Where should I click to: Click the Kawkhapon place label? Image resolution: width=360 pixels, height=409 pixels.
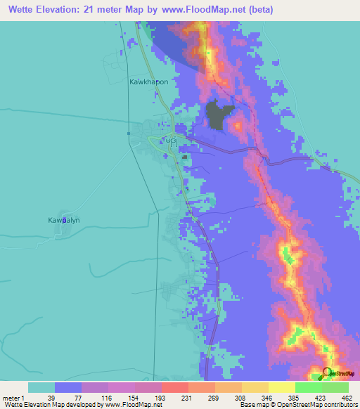(x=149, y=82)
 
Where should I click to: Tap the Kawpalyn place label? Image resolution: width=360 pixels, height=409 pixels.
(x=64, y=220)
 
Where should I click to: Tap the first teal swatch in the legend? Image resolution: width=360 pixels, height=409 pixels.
(x=41, y=387)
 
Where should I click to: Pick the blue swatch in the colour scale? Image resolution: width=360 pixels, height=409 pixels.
(x=68, y=387)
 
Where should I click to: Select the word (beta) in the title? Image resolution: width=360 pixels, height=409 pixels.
(x=259, y=10)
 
